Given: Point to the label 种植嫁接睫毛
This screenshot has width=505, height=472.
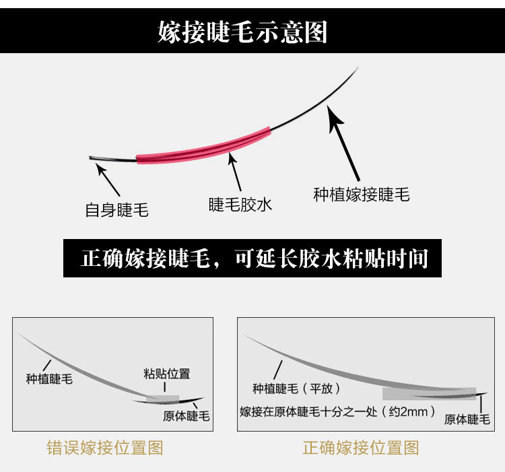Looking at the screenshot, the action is tap(362, 195).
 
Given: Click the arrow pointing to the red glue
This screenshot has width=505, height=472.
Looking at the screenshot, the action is tap(235, 172).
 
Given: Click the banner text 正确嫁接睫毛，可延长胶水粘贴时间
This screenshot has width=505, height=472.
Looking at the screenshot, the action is tap(255, 258).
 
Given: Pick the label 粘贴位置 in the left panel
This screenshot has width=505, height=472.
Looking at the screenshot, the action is tap(167, 374).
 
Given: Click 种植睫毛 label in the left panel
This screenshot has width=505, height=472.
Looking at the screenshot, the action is tap(49, 379).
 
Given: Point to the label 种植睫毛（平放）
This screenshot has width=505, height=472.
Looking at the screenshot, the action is tap(296, 389).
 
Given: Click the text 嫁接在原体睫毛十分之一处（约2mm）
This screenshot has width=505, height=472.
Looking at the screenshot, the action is tap(337, 411).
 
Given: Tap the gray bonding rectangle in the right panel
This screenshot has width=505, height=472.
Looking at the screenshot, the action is tap(428, 393).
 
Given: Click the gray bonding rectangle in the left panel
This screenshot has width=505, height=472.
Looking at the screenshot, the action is tap(167, 398).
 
